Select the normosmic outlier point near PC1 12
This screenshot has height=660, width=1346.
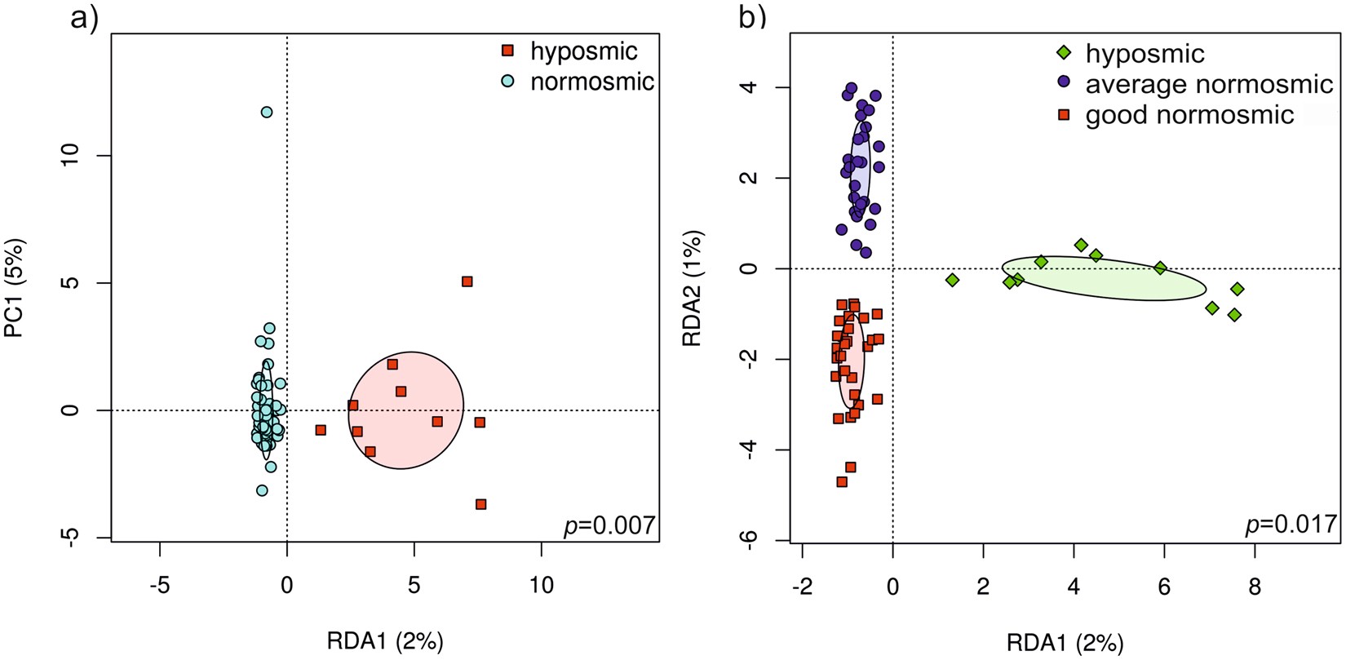coord(267,112)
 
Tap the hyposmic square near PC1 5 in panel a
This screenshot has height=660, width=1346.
coord(467,281)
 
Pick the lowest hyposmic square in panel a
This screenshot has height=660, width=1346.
coord(480,504)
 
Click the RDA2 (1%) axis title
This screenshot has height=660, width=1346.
coord(693,288)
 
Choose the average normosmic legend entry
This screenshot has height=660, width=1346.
coord(1208,84)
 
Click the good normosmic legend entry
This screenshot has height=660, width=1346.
coord(1189,115)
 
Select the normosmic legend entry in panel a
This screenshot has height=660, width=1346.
coord(591,82)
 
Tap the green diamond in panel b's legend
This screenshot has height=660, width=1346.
coord(1064,53)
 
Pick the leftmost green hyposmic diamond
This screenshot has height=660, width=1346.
coord(952,280)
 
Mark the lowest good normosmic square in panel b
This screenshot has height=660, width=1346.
coord(842,482)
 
